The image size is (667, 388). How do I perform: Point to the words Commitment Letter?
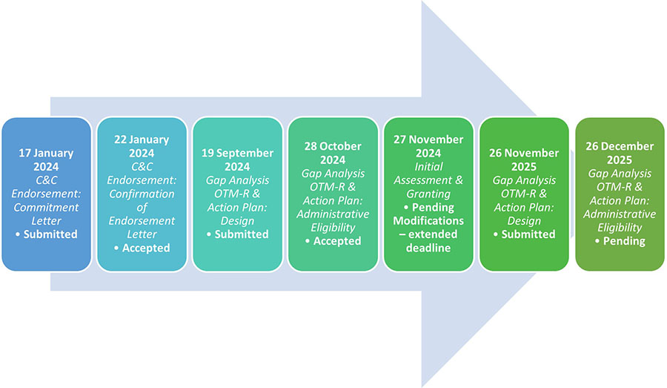[x=48, y=214]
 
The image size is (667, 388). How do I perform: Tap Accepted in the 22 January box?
[x=146, y=248]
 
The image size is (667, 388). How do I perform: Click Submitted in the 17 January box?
[x=52, y=234]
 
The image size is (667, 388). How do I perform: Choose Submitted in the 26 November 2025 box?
[x=528, y=234]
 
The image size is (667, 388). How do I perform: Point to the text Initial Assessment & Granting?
[x=429, y=187]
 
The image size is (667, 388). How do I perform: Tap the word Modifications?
[x=429, y=221]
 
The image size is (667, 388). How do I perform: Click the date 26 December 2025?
[x=620, y=153]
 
